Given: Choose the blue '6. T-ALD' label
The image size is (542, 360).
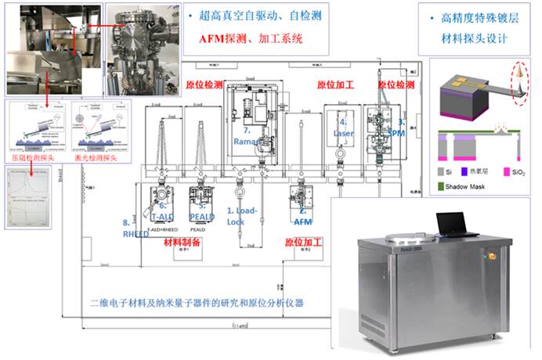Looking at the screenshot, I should (x=163, y=211).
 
